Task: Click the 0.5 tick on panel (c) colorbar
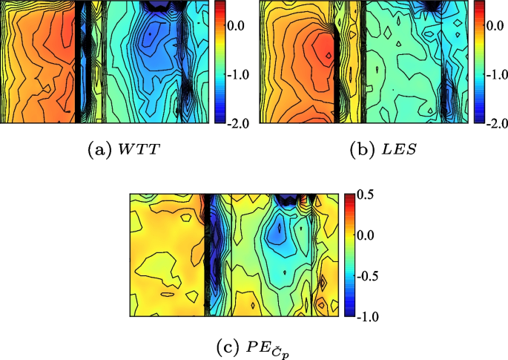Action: tap(366, 194)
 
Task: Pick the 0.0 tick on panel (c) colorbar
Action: tap(366, 235)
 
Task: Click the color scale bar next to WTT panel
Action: tap(220, 61)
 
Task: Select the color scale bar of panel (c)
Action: tap(349, 255)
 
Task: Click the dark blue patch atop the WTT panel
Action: tap(159, 5)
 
